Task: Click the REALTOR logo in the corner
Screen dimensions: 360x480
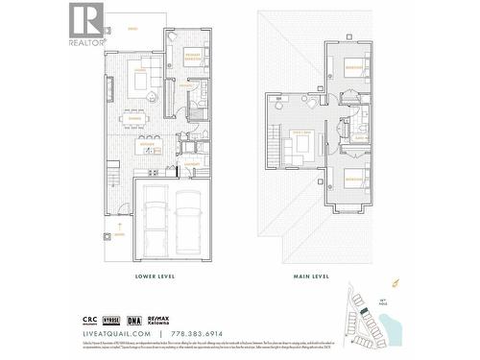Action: [x=85, y=24]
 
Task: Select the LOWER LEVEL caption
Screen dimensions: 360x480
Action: [x=156, y=276]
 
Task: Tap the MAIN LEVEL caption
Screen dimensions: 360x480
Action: [x=312, y=276]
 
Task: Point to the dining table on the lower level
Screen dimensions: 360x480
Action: [x=140, y=118]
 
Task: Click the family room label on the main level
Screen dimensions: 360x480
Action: [x=301, y=131]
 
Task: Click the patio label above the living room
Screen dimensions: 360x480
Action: [x=132, y=30]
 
